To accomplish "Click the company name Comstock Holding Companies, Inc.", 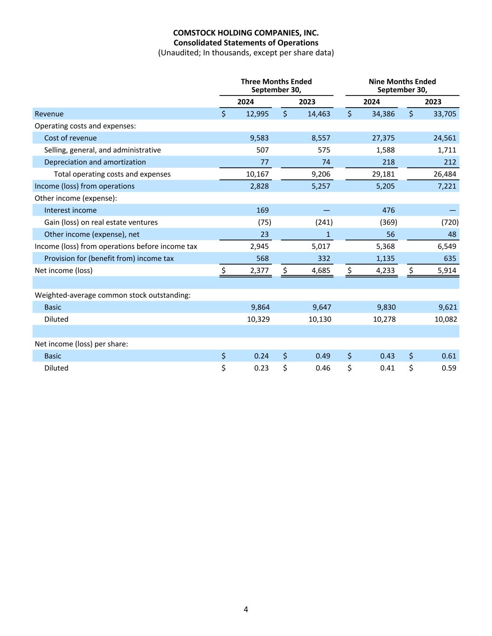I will click(246, 33).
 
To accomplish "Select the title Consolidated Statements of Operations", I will click(246, 42).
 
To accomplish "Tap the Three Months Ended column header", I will click(276, 82).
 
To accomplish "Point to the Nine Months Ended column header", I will click(402, 82).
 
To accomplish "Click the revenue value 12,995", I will click(257, 114).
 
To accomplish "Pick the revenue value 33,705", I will click(444, 114).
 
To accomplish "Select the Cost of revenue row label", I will click(70, 138).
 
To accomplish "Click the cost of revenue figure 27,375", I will click(383, 138).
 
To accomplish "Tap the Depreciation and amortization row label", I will click(95, 162).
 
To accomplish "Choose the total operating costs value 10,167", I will click(257, 174).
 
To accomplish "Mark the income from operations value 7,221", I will click(446, 186).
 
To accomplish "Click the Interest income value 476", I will click(388, 210).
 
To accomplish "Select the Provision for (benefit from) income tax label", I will click(109, 259).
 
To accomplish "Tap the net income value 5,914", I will click(446, 271).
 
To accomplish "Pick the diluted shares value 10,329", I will click(258, 319).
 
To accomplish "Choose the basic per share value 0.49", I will click(323, 356).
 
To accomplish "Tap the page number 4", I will click(246, 609).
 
